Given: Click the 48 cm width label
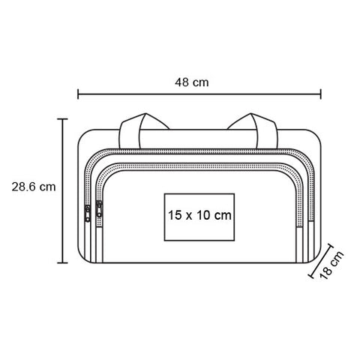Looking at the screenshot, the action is click(x=192, y=82).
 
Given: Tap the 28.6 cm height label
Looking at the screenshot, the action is click(x=34, y=187).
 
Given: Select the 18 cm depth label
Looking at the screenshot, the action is click(x=331, y=265).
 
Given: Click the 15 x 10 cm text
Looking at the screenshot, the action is click(x=199, y=215).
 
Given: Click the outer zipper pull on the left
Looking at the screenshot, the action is click(x=88, y=214).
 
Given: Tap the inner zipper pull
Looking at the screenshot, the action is click(x=99, y=209).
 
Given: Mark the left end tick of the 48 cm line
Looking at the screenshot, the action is click(x=78, y=94).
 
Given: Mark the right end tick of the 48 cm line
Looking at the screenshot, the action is click(x=320, y=94).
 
